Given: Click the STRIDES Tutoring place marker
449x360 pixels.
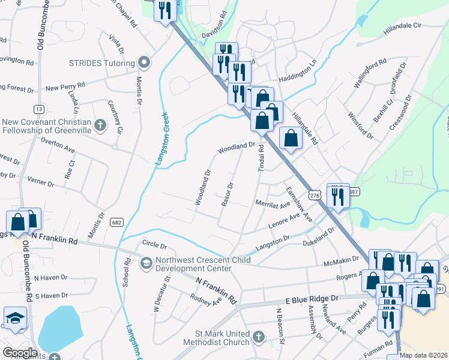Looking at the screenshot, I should pos(144,62).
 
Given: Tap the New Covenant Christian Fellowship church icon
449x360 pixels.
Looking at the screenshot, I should pos(101,125).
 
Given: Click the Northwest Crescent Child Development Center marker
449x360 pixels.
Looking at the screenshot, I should pos(146,262).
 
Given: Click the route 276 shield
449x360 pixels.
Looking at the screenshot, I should pos(315,195).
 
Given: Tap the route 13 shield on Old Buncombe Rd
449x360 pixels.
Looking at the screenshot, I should pos(38,109).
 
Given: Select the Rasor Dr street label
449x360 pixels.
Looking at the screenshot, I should pos(227,194).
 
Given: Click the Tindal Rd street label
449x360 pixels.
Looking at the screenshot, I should pos(261,160).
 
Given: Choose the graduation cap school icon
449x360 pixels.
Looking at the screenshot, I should pos(16,318).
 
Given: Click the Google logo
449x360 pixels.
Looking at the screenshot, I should pos(20,353).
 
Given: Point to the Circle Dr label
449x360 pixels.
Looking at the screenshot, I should pos(154,245).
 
